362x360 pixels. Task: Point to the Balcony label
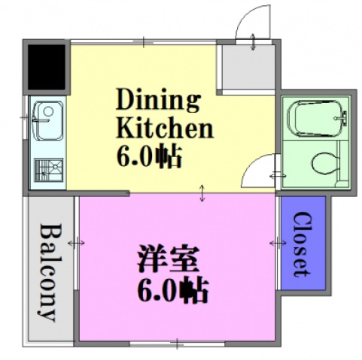click(x=48, y=272)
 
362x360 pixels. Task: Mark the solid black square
click(x=46, y=65)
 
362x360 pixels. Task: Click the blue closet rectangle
click(x=302, y=245)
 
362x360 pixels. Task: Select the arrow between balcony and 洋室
click(x=76, y=243)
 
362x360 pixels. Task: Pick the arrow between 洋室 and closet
click(x=276, y=243)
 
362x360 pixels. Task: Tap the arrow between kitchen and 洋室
click(x=202, y=193)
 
